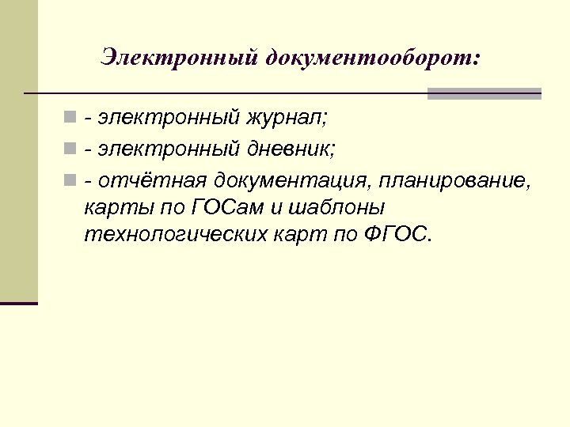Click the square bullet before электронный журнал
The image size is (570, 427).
click(x=71, y=119)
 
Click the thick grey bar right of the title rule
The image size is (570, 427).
click(x=484, y=93)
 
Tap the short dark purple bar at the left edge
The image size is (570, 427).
click(x=19, y=303)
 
